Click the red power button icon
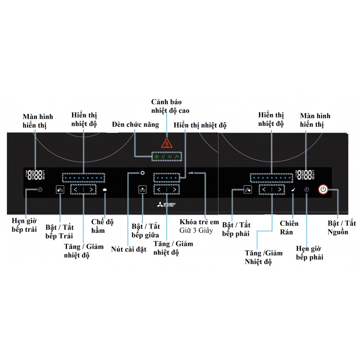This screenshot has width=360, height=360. click(323, 190)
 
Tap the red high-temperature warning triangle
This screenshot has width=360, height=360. click(166, 143)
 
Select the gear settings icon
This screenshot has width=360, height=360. click(142, 173)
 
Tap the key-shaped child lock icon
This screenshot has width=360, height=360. click(191, 173)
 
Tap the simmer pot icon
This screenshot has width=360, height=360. click(105, 190)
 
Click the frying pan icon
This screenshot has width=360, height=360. click(293, 190)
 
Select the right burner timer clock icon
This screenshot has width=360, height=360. click(307, 190)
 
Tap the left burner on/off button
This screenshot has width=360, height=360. click(60, 190)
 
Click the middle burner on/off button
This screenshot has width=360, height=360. click(142, 190)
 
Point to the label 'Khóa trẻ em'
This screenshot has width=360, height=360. click(199, 222)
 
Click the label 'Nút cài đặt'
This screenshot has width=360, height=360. click(129, 249)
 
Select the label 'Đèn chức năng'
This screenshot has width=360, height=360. click(135, 124)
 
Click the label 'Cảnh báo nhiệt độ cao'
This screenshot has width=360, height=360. click(170, 106)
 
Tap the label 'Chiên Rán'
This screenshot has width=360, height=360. click(289, 227)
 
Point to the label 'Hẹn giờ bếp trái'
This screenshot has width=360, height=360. click(24, 225)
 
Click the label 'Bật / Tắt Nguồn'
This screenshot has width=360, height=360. click(342, 227)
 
